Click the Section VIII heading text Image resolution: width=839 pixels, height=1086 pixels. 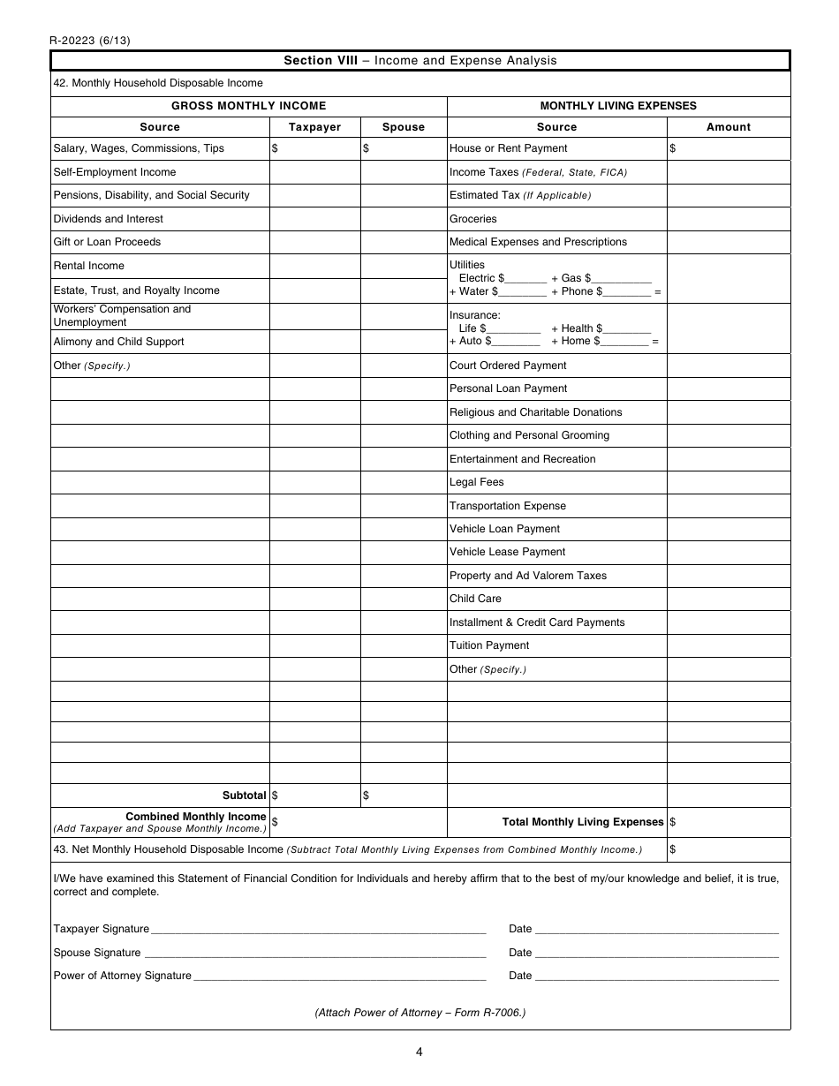[419, 61]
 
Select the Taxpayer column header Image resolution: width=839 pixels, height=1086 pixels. [314, 127]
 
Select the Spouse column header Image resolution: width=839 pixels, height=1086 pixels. [404, 127]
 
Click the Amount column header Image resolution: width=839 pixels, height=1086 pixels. [728, 127]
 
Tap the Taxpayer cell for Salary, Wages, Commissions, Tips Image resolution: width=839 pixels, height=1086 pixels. [314, 149]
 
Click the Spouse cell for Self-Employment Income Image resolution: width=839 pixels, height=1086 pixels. [404, 172]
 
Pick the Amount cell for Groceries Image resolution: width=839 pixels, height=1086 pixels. [728, 219]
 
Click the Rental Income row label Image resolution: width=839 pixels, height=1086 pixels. [89, 266]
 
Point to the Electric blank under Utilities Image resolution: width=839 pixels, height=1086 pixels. [526, 278]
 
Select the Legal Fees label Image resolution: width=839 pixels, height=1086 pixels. [477, 482]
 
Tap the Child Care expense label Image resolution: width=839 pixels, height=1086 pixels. [475, 599]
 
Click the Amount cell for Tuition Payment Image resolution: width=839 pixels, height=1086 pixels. [728, 645]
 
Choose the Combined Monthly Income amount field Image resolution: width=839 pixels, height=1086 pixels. [359, 822]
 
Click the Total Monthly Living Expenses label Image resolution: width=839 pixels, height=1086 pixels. [583, 822]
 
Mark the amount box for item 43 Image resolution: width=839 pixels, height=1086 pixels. [728, 849]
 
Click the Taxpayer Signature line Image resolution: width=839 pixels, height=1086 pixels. [318, 929]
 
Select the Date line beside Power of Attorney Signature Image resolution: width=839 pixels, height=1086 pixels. [656, 976]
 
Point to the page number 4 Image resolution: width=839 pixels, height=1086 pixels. [419, 1052]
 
